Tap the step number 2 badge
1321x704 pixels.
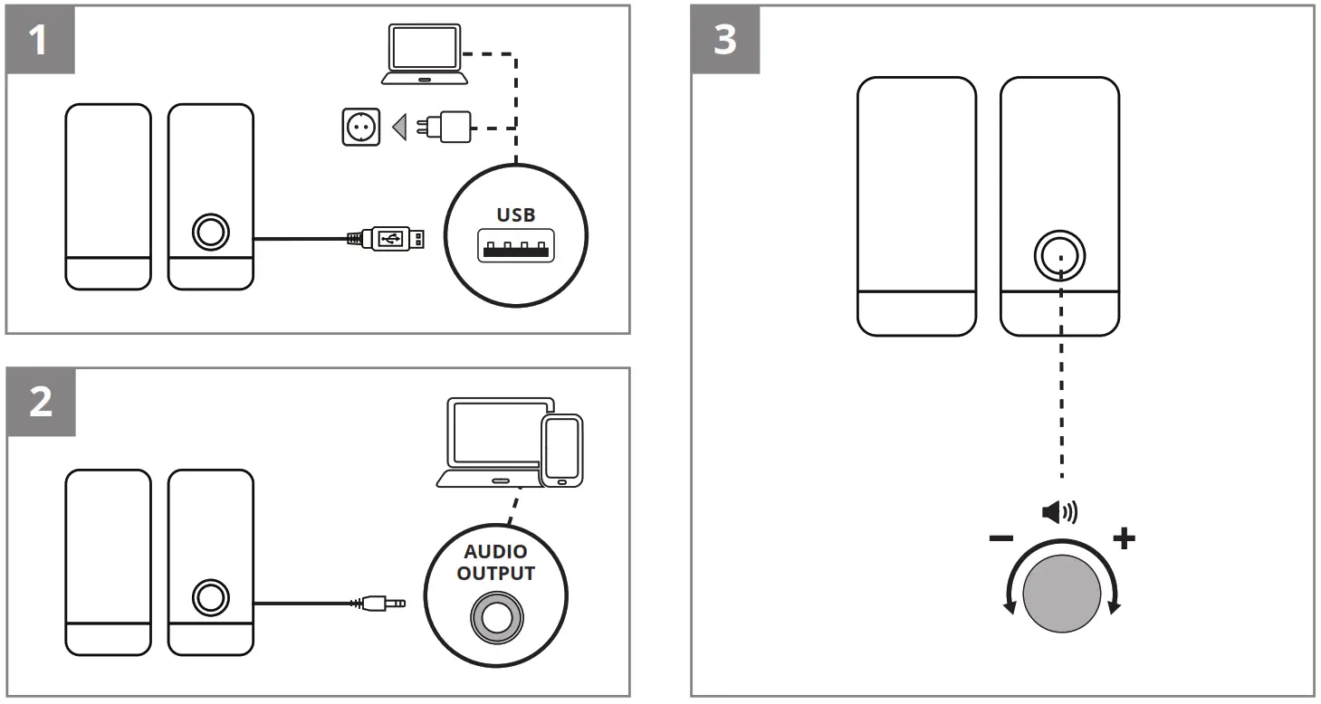(x=40, y=404)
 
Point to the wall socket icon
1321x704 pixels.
(x=360, y=128)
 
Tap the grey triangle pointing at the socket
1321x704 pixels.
(x=398, y=128)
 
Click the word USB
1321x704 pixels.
(x=516, y=215)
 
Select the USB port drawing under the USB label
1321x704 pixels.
(x=516, y=247)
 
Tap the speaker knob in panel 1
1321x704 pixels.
(x=210, y=233)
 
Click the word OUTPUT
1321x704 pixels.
(x=495, y=574)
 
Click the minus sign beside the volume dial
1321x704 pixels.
(x=1000, y=539)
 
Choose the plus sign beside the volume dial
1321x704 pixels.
(x=1123, y=539)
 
